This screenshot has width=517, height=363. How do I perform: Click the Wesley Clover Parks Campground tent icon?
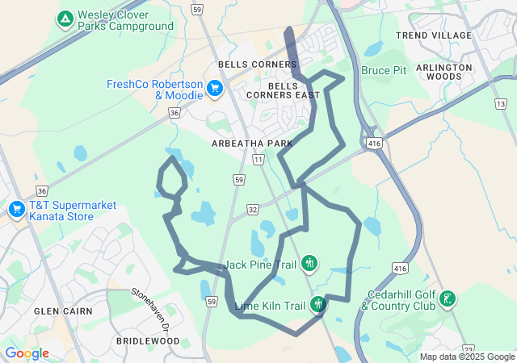coord(65,18)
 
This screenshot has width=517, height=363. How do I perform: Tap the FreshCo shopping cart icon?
coord(215,88)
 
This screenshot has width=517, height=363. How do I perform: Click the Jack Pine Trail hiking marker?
coord(309,263)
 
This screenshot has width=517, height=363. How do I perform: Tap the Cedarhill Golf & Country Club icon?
coord(447,299)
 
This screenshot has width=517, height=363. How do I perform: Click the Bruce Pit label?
coord(384,71)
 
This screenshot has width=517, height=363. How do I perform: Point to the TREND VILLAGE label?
coord(434,35)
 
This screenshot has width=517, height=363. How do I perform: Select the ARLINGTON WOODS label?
coord(444,73)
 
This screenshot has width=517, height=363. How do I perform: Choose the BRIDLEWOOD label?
coord(147,341)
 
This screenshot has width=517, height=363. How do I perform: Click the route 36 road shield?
coord(174,114)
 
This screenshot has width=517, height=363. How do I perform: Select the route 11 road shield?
coord(258,161)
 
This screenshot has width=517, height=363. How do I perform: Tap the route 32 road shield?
coord(252,209)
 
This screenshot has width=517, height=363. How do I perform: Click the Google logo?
coord(26,353)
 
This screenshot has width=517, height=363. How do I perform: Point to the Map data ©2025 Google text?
coord(467,357)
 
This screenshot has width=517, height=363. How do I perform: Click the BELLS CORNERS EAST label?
coord(294,90)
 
